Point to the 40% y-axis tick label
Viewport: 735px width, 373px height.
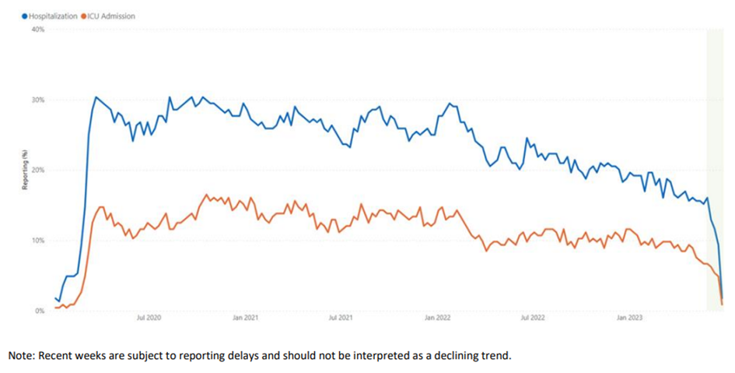click(38, 30)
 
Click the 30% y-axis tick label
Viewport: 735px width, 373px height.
click(38, 100)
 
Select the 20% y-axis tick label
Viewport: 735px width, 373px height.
click(38, 170)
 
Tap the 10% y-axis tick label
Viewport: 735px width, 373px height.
click(38, 241)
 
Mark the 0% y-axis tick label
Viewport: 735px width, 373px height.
click(40, 311)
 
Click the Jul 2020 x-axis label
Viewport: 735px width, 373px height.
click(149, 318)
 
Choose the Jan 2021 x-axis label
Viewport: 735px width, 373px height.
click(245, 318)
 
